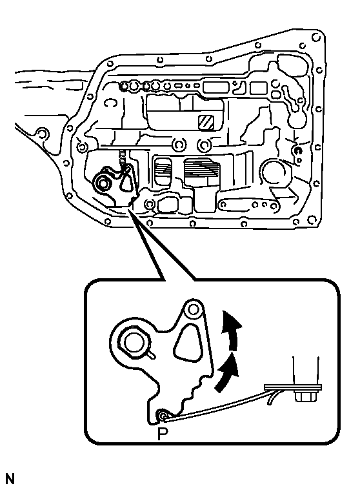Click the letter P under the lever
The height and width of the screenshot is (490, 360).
tap(163, 433)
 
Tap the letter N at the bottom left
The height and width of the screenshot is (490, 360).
tap(10, 480)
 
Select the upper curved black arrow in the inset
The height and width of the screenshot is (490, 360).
tap(232, 330)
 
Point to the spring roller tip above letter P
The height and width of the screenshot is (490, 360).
tap(163, 415)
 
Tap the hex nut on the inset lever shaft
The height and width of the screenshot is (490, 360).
tap(134, 342)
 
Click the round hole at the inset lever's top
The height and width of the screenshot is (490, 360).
tap(194, 310)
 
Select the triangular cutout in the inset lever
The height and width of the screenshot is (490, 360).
tap(186, 343)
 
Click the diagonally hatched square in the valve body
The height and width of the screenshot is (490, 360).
tap(206, 122)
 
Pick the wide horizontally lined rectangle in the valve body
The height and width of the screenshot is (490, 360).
tap(201, 171)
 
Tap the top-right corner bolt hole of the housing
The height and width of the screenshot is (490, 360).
tap(316, 37)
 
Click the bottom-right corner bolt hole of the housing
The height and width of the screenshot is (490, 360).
tap(312, 219)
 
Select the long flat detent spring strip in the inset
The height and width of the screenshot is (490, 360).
tap(215, 405)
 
